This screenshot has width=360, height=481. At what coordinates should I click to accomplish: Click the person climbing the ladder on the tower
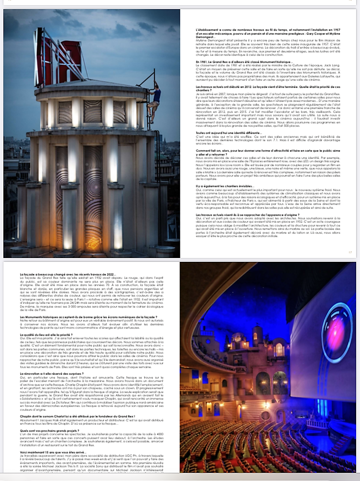(x=156, y=98)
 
